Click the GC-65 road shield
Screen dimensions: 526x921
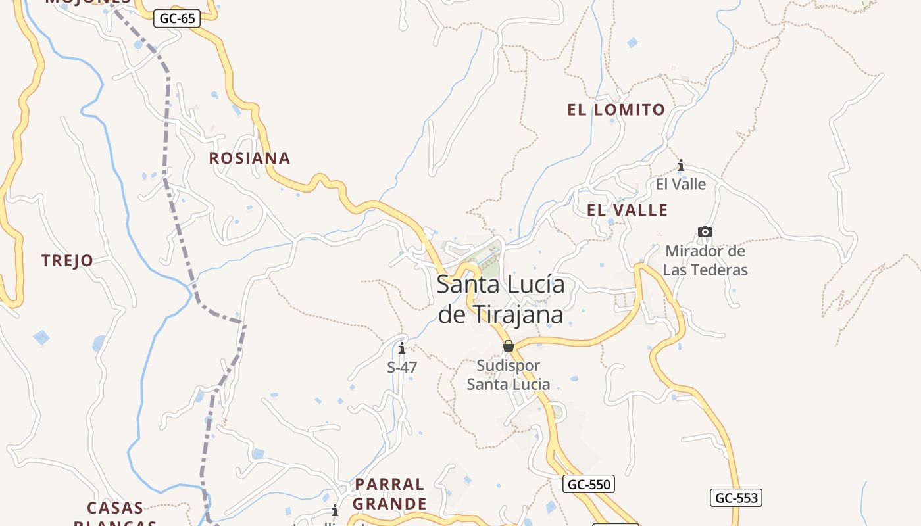coord(178,18)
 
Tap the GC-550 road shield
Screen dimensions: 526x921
coord(589,485)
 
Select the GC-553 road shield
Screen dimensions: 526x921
coord(736,498)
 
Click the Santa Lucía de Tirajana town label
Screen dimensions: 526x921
coord(501,300)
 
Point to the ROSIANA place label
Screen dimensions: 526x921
coord(249,158)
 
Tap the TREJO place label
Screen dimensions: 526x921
coord(67,261)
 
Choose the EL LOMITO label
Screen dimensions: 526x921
coord(616,110)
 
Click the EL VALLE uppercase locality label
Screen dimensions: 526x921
coord(627,210)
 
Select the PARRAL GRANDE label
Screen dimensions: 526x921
coord(390,494)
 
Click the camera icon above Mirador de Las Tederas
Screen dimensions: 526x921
coord(705,231)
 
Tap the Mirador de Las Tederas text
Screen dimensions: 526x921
coord(705,260)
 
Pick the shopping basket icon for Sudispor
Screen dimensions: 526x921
coord(509,346)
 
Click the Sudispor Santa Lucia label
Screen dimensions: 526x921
coord(509,375)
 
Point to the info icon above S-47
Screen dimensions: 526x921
coord(402,348)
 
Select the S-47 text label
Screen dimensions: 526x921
coord(402,368)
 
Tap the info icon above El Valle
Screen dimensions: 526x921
coord(681,165)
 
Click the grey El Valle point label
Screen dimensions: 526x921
coord(681,184)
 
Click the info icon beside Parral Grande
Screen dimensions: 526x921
coord(335,510)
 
